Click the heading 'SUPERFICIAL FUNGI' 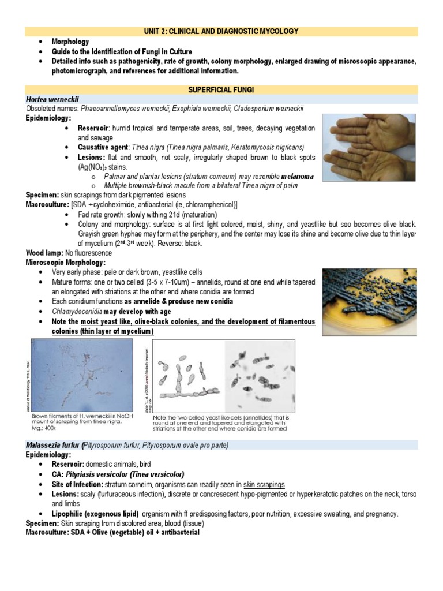click(221, 90)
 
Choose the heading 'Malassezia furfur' click(53, 444)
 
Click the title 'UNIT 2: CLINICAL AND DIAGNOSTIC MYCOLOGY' click(221, 31)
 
